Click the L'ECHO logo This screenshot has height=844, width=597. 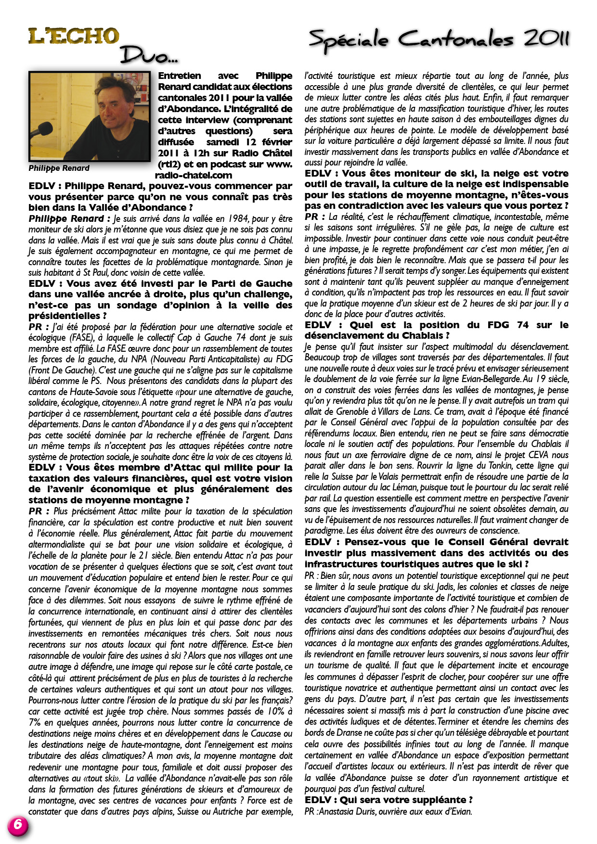tap(73, 37)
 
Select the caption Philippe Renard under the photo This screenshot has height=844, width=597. tap(59, 168)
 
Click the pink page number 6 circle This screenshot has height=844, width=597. tap(18, 825)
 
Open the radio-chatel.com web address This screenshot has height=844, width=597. tap(194, 175)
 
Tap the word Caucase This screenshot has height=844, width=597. tap(264, 734)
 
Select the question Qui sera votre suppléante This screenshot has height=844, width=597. tap(389, 800)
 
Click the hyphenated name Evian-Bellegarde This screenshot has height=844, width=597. tap(492, 379)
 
